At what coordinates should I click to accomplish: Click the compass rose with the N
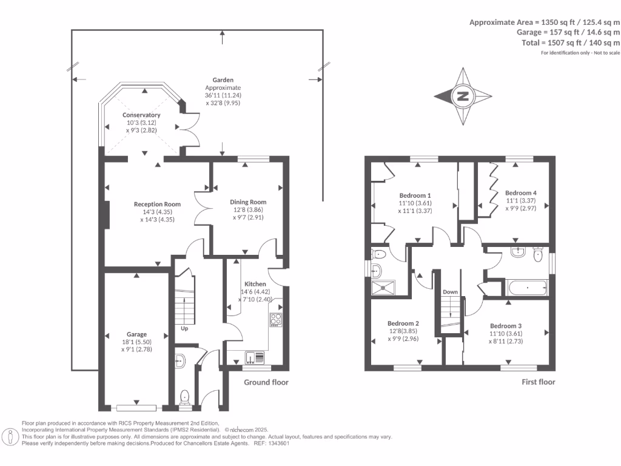(x=463, y=96)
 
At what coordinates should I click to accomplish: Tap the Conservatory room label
(x=141, y=115)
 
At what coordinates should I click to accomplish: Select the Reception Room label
(x=158, y=204)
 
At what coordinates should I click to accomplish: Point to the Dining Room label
(x=248, y=202)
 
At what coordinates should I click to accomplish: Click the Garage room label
(x=136, y=334)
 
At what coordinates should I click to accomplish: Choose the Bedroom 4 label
(x=521, y=193)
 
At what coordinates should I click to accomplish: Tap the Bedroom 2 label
(x=403, y=323)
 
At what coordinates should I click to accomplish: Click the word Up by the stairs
(x=184, y=329)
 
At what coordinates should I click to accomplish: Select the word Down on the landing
(x=450, y=292)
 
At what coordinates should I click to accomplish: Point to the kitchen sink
(x=252, y=358)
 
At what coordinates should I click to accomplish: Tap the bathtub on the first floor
(x=527, y=287)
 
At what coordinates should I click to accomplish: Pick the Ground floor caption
(x=266, y=382)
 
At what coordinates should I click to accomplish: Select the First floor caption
(x=539, y=382)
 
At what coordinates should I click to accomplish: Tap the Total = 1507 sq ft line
(x=571, y=43)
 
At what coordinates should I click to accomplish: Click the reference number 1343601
(x=280, y=443)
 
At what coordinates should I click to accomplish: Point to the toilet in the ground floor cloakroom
(x=186, y=396)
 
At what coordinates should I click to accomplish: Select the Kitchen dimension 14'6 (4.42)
(x=255, y=291)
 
